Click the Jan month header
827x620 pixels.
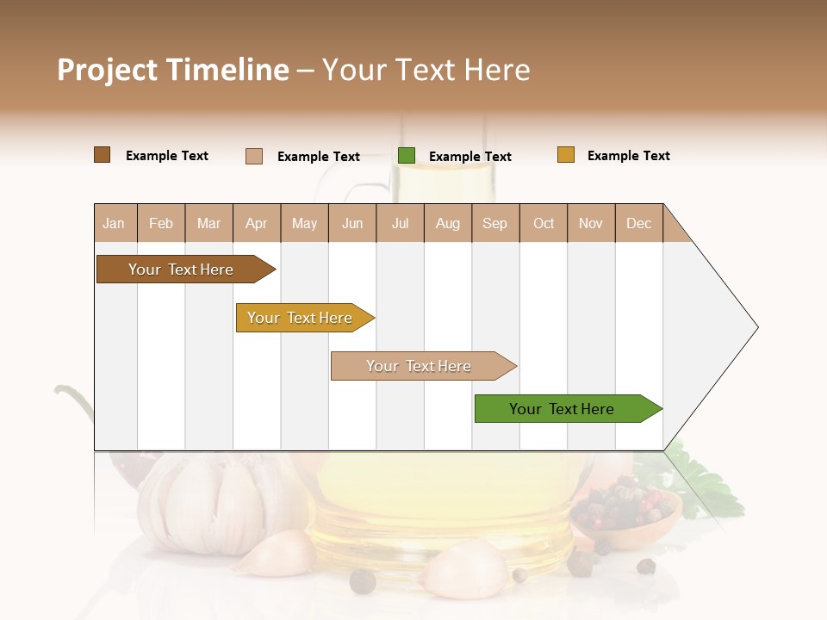(115, 223)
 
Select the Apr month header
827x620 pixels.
(257, 223)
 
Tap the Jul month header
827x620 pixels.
(401, 223)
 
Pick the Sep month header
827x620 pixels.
(495, 223)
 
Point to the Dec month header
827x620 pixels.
(638, 223)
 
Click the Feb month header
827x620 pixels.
(161, 223)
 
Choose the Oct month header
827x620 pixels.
(544, 223)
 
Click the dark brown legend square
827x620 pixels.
(103, 155)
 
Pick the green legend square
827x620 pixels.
(407, 155)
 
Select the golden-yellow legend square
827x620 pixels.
(566, 155)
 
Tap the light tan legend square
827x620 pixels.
(254, 156)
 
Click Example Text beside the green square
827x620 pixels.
(469, 157)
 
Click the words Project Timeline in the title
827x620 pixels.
(173, 70)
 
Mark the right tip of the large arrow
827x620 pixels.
(756, 327)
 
